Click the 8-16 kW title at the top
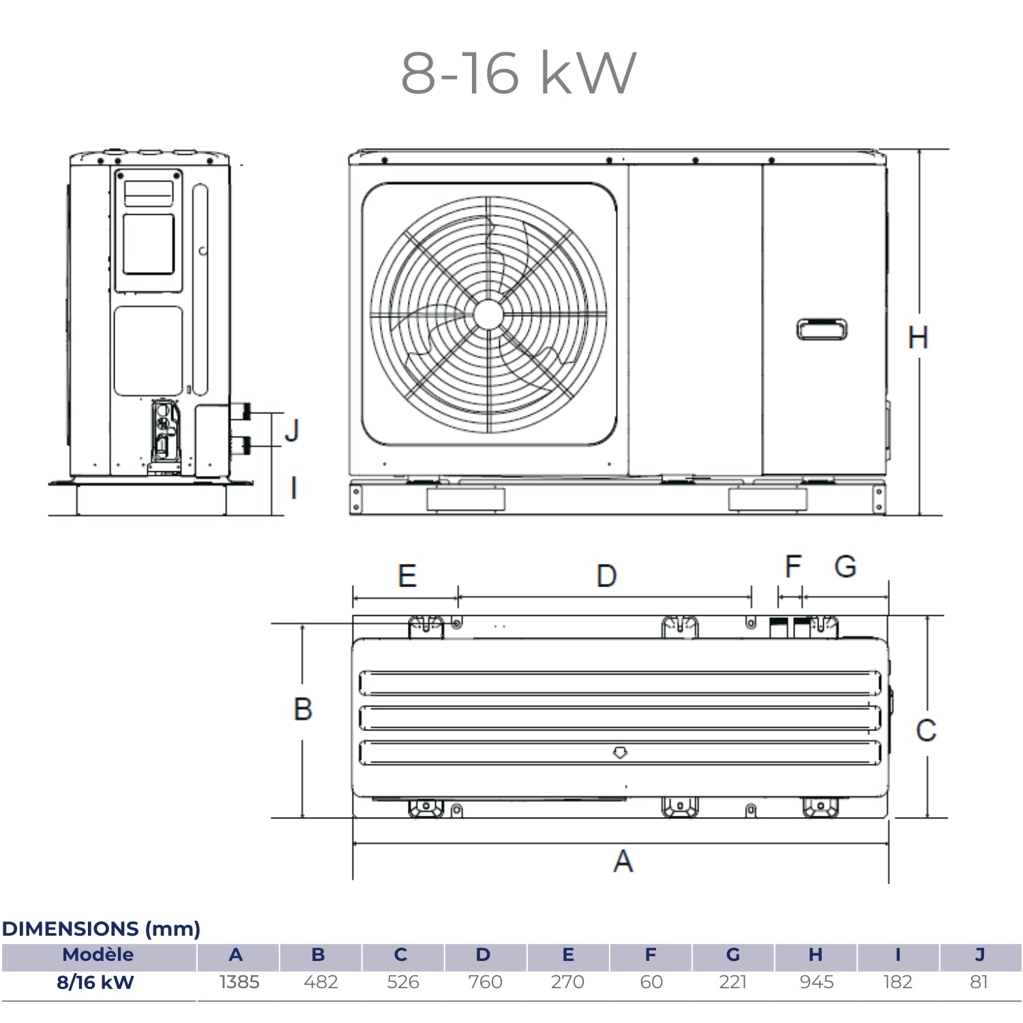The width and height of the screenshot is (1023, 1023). pos(518,72)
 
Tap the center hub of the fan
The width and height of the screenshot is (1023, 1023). pos(488,314)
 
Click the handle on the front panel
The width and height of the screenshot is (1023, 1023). pos(822,329)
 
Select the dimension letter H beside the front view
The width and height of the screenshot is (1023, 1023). pos(918,338)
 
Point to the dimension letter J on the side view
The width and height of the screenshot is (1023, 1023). pos(293,430)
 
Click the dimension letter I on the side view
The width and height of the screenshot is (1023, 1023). pos(294,488)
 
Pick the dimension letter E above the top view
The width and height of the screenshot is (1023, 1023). pos(407,576)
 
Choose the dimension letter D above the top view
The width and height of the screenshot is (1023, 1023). pos(606,576)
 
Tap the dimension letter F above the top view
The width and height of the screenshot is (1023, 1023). pos(792,566)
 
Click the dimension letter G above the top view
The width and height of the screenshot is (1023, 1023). pos(846,567)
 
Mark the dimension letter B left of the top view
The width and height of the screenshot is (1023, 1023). pos(303,709)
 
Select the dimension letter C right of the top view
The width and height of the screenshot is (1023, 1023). pos(925,730)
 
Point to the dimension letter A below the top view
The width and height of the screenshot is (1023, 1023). pos(623,861)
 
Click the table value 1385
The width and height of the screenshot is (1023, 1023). pos(239,982)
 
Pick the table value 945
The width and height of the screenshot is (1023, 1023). pos(816,982)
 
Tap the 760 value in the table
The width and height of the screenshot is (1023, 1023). pos(485,982)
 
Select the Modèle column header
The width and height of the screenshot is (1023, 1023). pos(98,955)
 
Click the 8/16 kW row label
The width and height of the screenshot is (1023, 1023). pos(95,982)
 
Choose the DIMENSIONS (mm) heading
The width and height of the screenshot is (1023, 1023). pos(101,929)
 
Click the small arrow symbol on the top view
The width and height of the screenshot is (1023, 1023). pos(620,753)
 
